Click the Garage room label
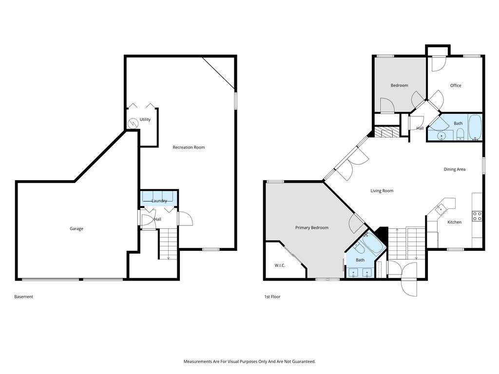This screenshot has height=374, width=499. click(x=77, y=229)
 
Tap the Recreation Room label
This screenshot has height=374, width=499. click(x=189, y=147)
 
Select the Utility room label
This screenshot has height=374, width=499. click(x=145, y=120)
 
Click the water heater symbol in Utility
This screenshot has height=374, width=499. click(x=132, y=123)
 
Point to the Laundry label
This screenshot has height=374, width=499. click(x=159, y=201)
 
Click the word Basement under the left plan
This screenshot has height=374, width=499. click(x=23, y=297)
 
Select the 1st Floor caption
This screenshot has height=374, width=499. click(x=272, y=297)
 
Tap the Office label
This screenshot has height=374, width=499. click(x=456, y=86)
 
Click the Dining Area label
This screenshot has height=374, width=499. click(x=455, y=169)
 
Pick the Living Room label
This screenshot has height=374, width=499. click(x=382, y=191)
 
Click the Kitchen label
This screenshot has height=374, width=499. click(x=455, y=222)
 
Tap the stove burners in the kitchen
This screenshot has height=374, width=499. click(x=477, y=216)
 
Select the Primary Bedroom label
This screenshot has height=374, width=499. click(x=312, y=228)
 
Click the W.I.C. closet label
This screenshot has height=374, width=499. click(x=280, y=265)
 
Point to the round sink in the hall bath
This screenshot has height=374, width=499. click(x=441, y=136)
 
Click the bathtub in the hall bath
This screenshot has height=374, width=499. click(x=475, y=128)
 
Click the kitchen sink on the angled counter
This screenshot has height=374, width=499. click(x=441, y=208)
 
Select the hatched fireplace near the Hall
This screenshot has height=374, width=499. click(x=386, y=132)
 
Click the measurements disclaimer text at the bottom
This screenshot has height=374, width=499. click(x=249, y=362)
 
